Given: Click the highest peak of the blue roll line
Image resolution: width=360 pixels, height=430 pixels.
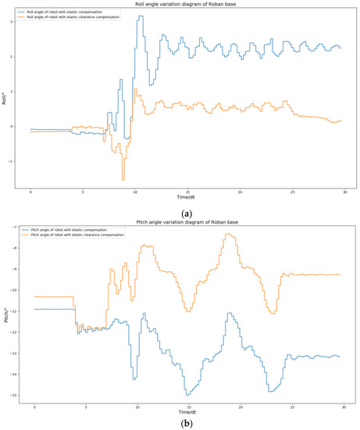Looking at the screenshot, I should coord(141,16).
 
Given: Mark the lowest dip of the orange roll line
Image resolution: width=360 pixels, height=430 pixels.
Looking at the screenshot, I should coord(123,180).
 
